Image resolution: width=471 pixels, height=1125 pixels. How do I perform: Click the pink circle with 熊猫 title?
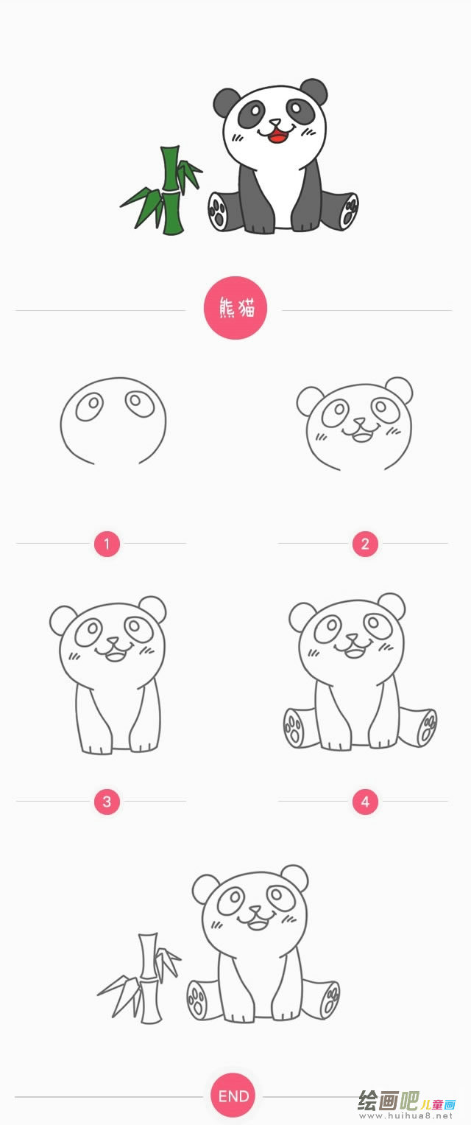[235, 308]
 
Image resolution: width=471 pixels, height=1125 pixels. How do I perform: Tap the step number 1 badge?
[107, 544]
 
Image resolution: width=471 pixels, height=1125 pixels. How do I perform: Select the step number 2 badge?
[365, 544]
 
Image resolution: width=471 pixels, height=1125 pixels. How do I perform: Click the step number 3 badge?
[107, 802]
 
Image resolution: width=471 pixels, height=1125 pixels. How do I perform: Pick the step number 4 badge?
[365, 802]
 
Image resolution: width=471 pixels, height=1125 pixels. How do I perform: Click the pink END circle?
[233, 1096]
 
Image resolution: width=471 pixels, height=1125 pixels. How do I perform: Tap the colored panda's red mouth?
[277, 135]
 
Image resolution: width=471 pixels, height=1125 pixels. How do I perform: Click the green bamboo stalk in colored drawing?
[171, 192]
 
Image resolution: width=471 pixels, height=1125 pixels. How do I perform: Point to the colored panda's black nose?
[275, 123]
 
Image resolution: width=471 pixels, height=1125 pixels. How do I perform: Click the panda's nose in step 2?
[359, 424]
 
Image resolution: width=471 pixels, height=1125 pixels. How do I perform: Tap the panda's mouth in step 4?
[355, 651]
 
